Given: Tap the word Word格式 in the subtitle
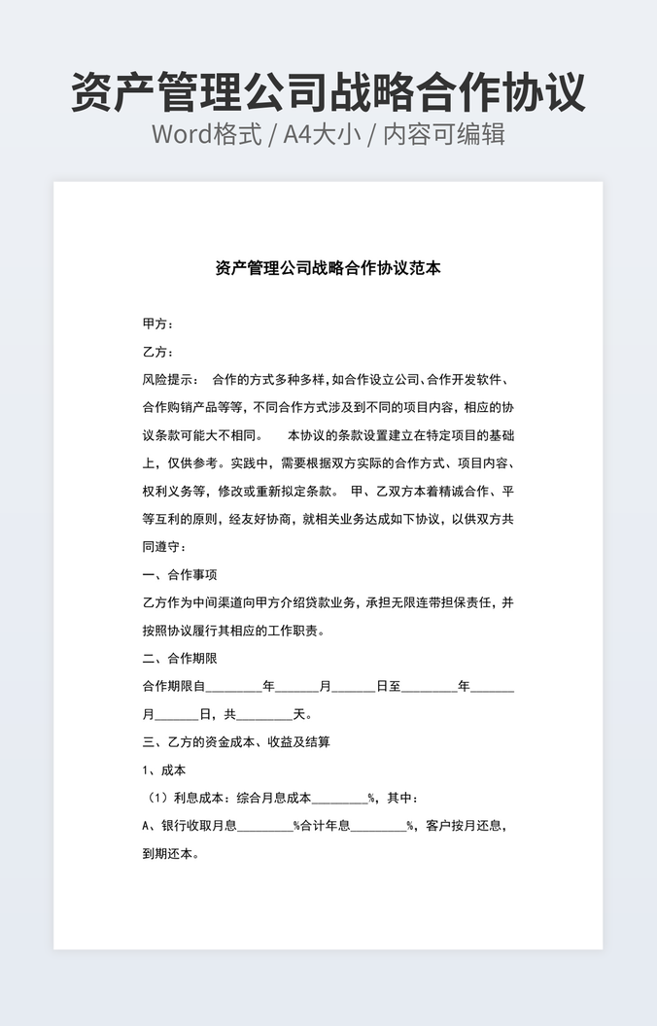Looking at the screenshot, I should (x=206, y=134).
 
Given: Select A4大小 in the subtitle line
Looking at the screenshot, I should (x=321, y=134).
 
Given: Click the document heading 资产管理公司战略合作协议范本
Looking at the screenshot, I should (x=328, y=268).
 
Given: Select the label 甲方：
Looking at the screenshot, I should (x=157, y=324).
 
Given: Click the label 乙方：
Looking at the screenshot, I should (x=157, y=352).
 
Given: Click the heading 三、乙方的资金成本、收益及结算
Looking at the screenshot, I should (x=236, y=742).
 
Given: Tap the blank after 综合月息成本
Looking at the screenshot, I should (x=339, y=800).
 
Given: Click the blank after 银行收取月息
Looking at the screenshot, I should (x=265, y=828).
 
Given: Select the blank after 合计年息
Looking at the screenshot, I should (x=378, y=828).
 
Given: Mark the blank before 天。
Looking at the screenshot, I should (x=264, y=715).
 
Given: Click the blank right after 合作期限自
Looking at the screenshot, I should (x=234, y=687).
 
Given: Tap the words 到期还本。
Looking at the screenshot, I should (x=171, y=855).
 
